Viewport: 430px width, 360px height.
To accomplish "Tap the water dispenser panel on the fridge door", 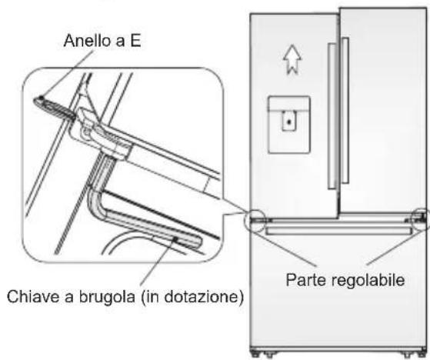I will tap(288, 122).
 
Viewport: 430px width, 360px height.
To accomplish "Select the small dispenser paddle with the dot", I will tap(288, 122).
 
